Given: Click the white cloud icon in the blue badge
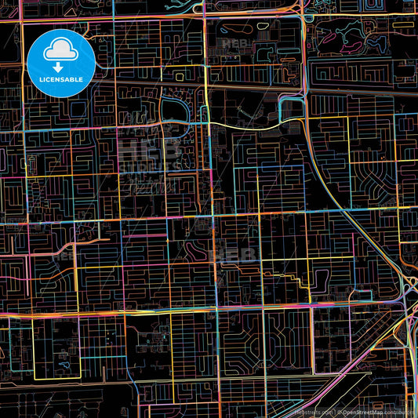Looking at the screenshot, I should tap(61, 52).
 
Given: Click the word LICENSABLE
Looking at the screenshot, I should tap(61, 80).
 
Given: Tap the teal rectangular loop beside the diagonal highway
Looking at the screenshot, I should tap(292, 108).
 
